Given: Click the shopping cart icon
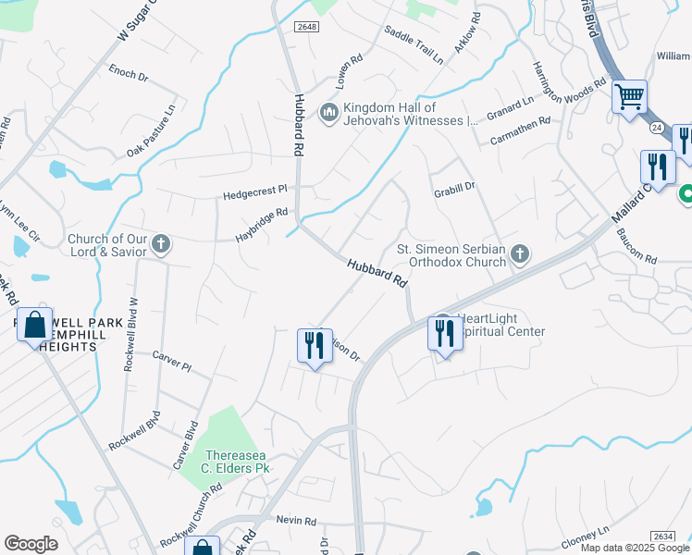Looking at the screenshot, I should (x=629, y=96).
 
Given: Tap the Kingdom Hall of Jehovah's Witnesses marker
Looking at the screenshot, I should (x=328, y=113).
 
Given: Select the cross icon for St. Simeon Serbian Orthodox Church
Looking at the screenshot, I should (x=520, y=253).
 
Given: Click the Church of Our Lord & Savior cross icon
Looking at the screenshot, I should (x=161, y=244).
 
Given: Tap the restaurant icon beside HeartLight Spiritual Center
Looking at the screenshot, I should (x=443, y=333).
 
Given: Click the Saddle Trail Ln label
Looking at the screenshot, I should (x=414, y=45).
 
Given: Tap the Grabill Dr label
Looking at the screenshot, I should (x=454, y=186).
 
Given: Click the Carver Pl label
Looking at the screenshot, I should (x=171, y=361).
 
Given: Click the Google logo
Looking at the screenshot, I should (x=31, y=544).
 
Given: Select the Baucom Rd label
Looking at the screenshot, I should (x=636, y=245).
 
